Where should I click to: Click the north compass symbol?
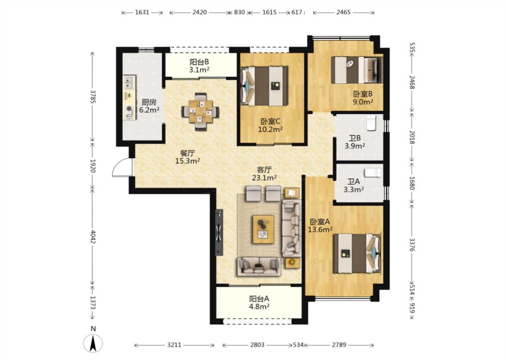(x=93, y=343)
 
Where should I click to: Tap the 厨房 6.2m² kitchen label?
(x=149, y=106)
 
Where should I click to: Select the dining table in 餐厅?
(x=201, y=112)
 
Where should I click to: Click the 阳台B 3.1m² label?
(x=199, y=66)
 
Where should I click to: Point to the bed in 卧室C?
(x=264, y=86)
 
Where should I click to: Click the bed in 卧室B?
(x=357, y=70)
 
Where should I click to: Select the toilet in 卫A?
(x=373, y=173)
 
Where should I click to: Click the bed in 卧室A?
(x=357, y=253)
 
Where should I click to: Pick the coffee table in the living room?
(x=263, y=229)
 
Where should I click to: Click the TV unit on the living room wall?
(x=219, y=233)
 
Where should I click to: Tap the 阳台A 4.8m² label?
(x=259, y=302)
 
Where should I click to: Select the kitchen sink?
(x=130, y=82)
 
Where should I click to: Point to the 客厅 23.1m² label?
(x=264, y=173)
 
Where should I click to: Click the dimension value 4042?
(x=93, y=237)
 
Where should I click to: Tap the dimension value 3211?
(x=174, y=345)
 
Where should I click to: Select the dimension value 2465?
(x=343, y=12)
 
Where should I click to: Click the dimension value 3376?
(x=412, y=245)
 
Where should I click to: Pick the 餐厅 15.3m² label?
(x=188, y=157)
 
